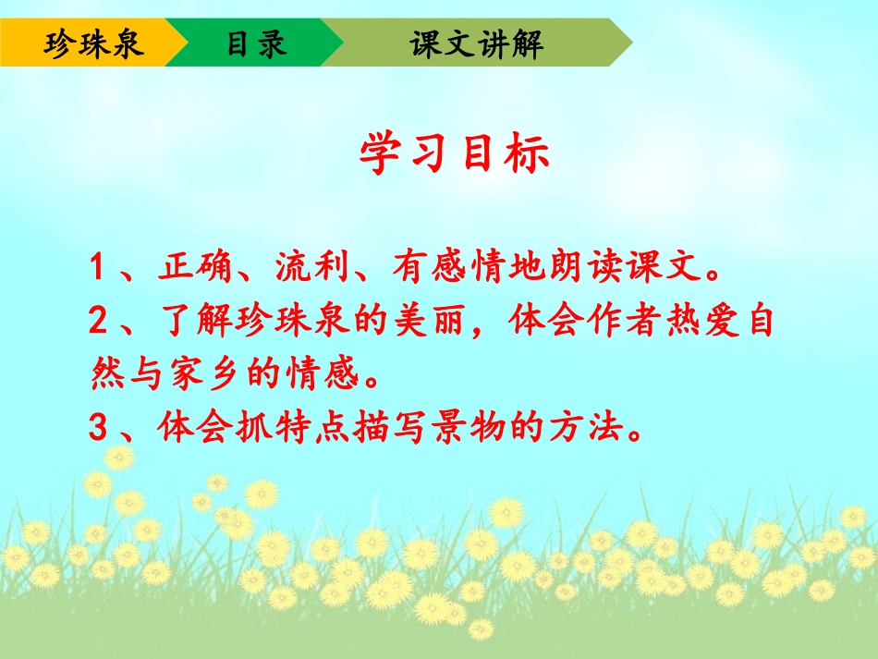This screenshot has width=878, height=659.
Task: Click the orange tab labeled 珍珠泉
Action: [93, 43]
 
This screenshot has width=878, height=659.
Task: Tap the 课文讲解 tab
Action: [477, 43]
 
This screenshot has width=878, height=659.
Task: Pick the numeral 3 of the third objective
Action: [100, 427]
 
